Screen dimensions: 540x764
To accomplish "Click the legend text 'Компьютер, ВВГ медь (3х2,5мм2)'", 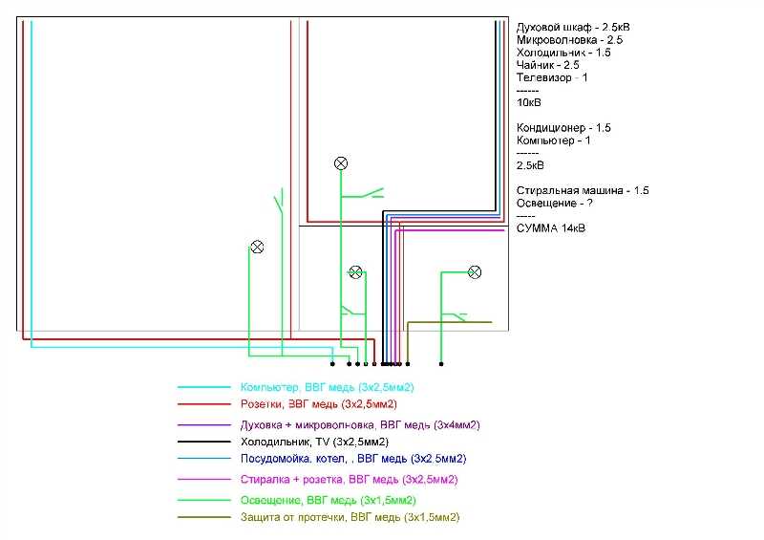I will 327,387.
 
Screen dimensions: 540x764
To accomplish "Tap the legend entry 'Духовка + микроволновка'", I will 359,424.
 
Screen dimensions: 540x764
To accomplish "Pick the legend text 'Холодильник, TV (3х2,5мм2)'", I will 314,442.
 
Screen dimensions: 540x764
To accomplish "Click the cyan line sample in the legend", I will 204,387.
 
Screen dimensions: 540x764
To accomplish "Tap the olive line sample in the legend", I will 204,517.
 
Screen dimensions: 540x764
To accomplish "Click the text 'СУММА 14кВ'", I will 551,228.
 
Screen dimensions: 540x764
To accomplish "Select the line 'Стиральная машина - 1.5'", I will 583,190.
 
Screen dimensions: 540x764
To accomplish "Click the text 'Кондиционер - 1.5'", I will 563,128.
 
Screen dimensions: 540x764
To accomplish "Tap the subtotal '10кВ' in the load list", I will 529,102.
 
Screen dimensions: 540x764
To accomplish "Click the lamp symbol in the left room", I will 256,247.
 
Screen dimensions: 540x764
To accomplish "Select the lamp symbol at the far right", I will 474,272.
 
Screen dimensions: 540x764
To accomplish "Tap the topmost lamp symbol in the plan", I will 341,163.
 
